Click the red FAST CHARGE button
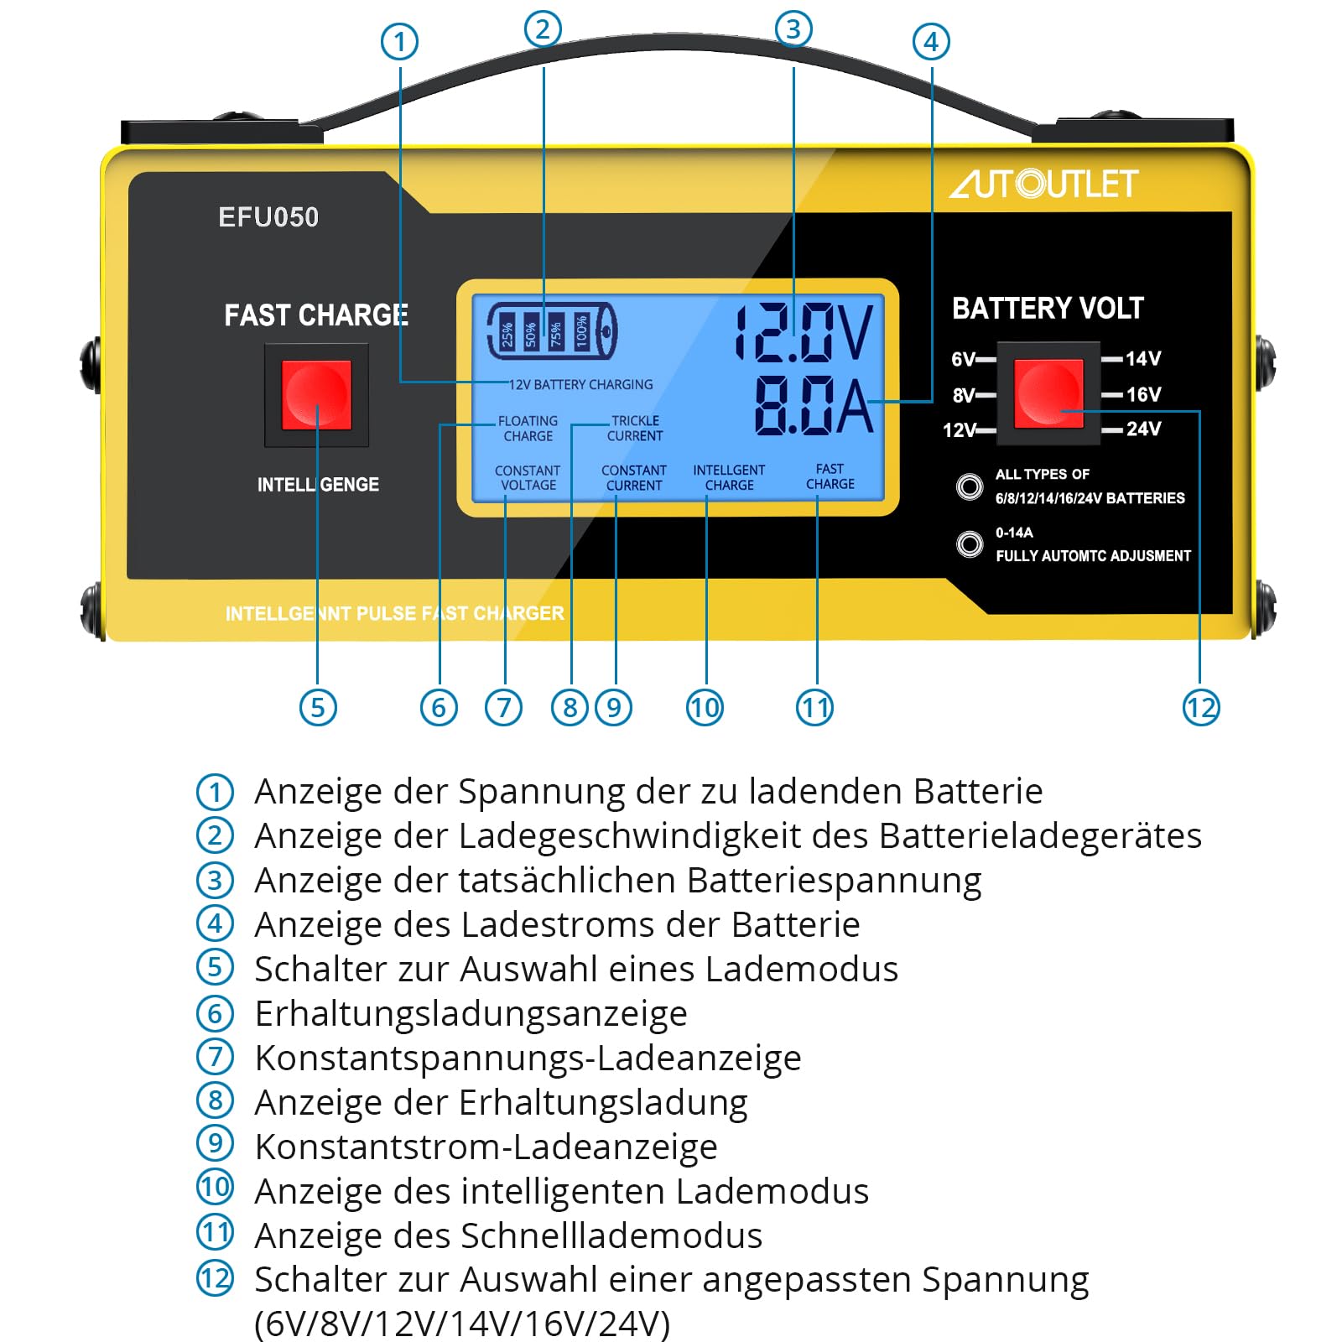tap(316, 395)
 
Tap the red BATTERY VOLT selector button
tap(1048, 393)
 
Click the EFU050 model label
tap(268, 217)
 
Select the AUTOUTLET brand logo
tap(1044, 184)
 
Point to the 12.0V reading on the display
tap(804, 332)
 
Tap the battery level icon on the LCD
tap(552, 331)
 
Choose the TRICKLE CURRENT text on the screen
tap(635, 428)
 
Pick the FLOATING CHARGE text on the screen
tap(528, 428)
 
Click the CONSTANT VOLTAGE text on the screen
tap(528, 477)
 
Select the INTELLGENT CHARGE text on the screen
tap(729, 477)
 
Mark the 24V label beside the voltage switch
tap(1143, 429)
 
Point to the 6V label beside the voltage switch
tap(963, 359)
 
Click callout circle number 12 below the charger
tap(1200, 708)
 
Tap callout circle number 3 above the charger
tap(793, 29)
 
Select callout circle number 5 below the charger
tap(318, 708)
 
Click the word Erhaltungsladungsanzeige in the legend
tap(471, 1013)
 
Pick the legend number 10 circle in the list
tap(215, 1187)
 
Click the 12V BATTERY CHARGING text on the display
tap(581, 384)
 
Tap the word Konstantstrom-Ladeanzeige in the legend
tap(486, 1147)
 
